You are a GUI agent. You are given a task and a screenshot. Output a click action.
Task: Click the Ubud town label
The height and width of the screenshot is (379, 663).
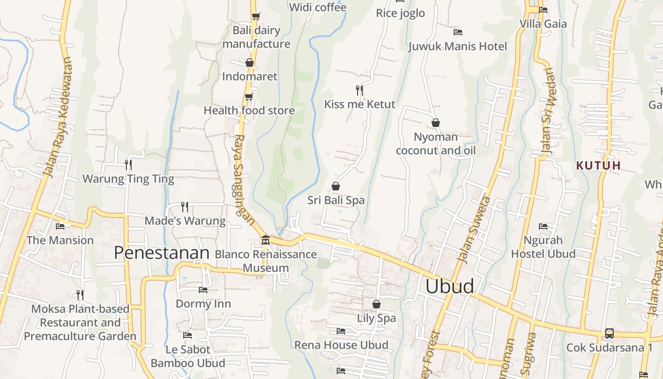[x=449, y=286]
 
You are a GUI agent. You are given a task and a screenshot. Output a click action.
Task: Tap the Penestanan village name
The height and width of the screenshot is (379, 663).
[x=161, y=253]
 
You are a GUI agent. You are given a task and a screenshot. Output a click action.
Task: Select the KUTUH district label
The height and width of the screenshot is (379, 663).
[x=598, y=165]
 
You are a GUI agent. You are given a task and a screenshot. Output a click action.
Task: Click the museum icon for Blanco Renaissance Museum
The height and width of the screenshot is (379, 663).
[x=265, y=240]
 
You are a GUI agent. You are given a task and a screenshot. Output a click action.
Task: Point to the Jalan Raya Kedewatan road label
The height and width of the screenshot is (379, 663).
[x=59, y=118]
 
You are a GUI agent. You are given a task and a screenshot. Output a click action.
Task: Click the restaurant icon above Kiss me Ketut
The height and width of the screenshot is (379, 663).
[x=359, y=90]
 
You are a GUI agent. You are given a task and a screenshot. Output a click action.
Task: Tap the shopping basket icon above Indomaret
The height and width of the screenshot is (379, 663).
[x=250, y=63]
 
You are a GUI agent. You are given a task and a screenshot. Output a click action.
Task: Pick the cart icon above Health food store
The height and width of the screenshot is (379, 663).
[x=249, y=97]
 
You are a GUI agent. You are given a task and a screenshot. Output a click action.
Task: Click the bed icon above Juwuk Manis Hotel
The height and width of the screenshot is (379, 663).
[x=457, y=32]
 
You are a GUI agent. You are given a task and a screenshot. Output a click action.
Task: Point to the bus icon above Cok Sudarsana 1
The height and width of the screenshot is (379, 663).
[x=609, y=334]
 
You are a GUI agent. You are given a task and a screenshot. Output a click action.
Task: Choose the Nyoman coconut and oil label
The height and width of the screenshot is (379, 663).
[x=436, y=144]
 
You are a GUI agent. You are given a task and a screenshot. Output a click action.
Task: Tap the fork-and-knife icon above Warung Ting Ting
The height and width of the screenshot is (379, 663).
[x=128, y=164]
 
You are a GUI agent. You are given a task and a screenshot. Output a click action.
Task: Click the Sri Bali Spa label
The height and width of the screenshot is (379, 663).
[x=336, y=200]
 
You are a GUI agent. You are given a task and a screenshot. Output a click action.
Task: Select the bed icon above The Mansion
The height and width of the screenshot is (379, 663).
[x=60, y=226]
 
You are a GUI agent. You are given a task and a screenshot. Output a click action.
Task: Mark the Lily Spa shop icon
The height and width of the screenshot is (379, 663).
[x=376, y=304]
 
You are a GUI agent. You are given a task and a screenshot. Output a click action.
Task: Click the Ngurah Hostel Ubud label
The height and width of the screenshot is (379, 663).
[x=543, y=247]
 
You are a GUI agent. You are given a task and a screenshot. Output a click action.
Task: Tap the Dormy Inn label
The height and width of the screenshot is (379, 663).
[x=203, y=304]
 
